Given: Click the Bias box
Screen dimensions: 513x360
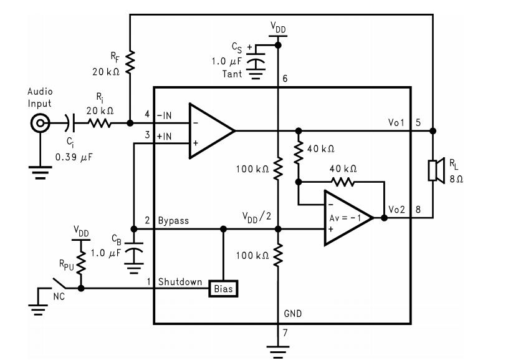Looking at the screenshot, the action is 223,289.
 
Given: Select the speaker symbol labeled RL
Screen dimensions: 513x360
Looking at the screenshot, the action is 436,170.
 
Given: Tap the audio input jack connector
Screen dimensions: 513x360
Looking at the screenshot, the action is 41,123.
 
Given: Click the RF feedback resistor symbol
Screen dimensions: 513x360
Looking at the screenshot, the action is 130,62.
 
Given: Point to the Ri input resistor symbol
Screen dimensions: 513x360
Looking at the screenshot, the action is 100,123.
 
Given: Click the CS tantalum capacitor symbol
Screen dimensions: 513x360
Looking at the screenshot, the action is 256,62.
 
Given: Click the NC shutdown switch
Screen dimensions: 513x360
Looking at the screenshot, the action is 59,284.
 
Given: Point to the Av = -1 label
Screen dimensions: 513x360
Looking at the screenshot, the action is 345,218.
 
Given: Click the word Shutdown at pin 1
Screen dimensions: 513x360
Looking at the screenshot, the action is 180,282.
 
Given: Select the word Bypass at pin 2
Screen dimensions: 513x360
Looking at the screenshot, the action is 173,220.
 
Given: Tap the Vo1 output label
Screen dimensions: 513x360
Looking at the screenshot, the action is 396,122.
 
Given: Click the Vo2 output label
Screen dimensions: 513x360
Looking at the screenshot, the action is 396,209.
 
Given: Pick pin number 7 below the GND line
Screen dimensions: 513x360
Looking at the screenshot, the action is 285,333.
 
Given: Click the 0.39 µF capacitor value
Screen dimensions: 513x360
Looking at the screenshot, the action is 74,157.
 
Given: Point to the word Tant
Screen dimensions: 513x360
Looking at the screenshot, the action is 232,74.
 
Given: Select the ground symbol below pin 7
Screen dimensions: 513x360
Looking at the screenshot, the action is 277,351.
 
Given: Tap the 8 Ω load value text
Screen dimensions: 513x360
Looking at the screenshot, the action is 456,179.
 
